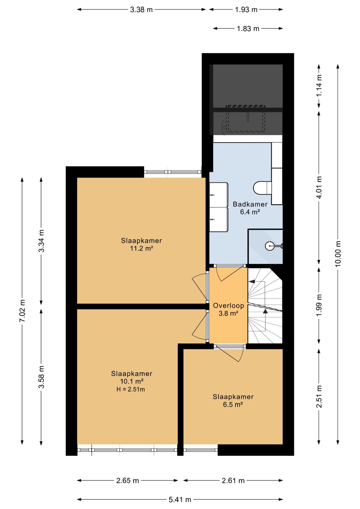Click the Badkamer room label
pyautogui.click(x=250, y=204)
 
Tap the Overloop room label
pyautogui.click(x=228, y=306)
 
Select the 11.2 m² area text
pyautogui.click(x=141, y=248)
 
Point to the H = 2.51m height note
pyautogui.click(x=131, y=389)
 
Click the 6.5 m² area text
pyautogui.click(x=233, y=404)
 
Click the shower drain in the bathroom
pyautogui.click(x=269, y=245)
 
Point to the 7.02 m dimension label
pyautogui.click(x=22, y=311)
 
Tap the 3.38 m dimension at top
pyautogui.click(x=141, y=10)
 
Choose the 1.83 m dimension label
pyautogui.click(x=248, y=29)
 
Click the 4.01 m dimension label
pyautogui.click(x=319, y=187)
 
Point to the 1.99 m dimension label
pyautogui.click(x=319, y=305)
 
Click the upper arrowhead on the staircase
pyautogui.click(x=252, y=281)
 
